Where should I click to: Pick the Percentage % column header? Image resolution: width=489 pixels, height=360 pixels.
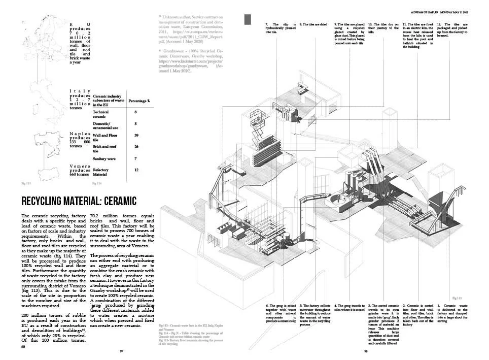point(139,101)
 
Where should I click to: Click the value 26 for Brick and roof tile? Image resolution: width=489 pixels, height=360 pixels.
point(136,147)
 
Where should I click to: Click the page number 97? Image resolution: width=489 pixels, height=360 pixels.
point(122,351)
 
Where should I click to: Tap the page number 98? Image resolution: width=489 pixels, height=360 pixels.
point(366,351)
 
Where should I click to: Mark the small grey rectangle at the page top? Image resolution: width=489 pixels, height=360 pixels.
point(248,19)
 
